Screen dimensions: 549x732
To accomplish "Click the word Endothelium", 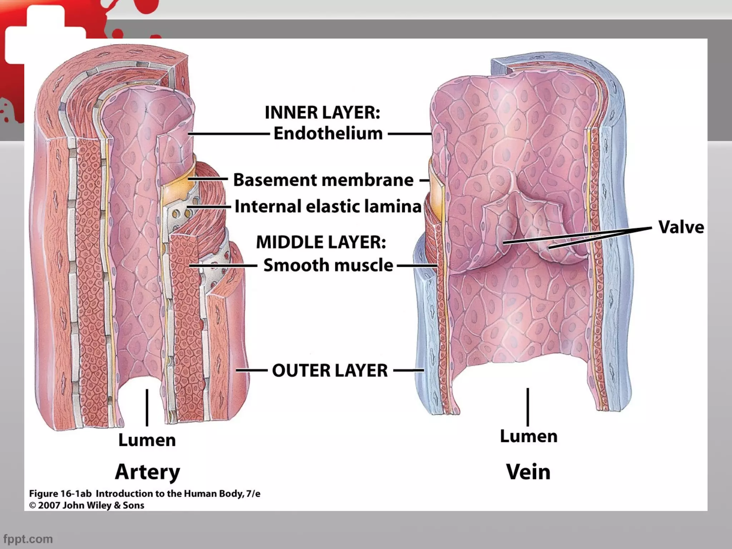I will [x=328, y=134].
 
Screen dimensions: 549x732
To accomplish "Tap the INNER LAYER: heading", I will [x=322, y=113].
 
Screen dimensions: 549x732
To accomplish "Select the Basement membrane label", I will [x=323, y=180].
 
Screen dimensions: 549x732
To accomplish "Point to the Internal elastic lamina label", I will [x=328, y=207].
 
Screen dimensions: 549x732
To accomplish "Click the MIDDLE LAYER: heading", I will [x=321, y=242].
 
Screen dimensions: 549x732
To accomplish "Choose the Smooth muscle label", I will [x=328, y=265].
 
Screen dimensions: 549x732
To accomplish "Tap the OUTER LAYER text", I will [x=330, y=370].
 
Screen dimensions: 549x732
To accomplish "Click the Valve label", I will [x=681, y=227].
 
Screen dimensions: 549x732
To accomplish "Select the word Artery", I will [x=147, y=472].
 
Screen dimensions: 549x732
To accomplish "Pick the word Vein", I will [x=528, y=472].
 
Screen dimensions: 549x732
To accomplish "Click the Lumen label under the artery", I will [x=147, y=440].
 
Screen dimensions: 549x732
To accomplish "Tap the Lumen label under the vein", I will [x=528, y=436].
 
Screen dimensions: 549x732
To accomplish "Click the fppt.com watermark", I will [x=28, y=539].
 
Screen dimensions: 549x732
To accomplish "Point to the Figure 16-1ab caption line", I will [x=144, y=494].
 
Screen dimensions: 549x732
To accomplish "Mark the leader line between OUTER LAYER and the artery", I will [x=252, y=370].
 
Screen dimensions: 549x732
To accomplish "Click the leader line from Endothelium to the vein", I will [x=410, y=134].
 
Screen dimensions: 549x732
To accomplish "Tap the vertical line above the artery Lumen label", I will [x=147, y=407].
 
